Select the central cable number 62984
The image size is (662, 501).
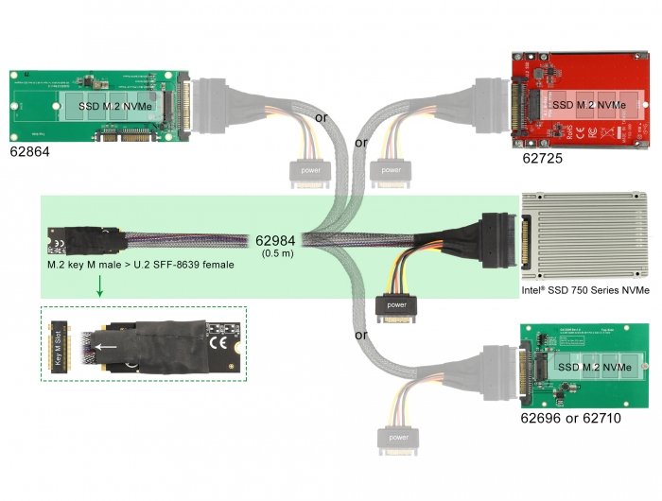(277, 240)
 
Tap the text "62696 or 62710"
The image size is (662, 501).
(570, 417)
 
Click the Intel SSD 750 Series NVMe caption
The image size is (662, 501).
(585, 290)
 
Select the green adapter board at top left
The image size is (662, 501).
(99, 108)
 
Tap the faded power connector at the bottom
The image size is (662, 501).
(398, 438)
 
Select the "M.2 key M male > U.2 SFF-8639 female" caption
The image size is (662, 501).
(141, 265)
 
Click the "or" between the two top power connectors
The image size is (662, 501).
(360, 144)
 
